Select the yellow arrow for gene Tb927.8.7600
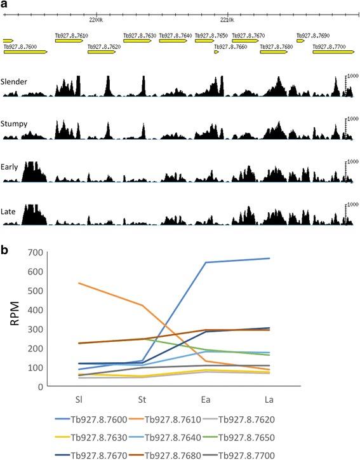click(25, 52)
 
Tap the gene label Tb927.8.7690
click(312, 36)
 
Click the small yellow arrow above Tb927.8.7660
click(217, 52)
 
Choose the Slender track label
click(14, 81)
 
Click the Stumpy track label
click(14, 124)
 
